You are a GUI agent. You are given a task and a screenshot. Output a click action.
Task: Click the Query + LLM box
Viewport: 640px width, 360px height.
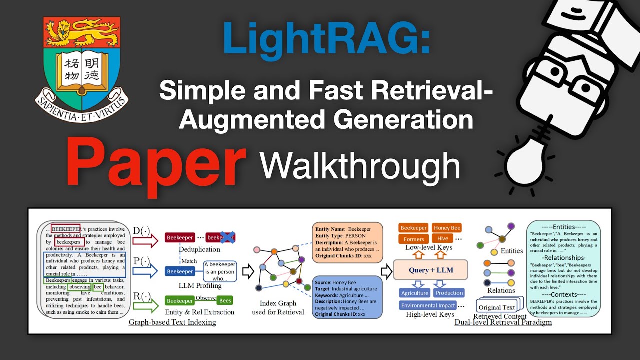[x=430, y=270]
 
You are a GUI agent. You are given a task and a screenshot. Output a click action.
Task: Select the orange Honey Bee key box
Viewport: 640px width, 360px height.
[x=447, y=228]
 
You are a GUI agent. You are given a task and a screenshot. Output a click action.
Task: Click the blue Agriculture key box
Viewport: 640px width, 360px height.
[x=415, y=293]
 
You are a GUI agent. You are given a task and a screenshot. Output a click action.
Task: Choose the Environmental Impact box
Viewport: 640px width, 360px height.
[x=428, y=305]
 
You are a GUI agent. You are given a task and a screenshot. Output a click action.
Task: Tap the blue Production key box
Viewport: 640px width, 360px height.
[x=449, y=293]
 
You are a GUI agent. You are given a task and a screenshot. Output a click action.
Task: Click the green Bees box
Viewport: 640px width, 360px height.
[x=225, y=301]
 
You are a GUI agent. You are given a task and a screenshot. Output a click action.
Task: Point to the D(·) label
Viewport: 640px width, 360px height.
[x=142, y=230]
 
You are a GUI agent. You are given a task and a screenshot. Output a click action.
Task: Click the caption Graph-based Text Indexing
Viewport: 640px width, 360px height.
[x=172, y=322]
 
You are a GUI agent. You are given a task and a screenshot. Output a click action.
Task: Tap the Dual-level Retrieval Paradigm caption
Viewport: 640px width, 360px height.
[x=503, y=322]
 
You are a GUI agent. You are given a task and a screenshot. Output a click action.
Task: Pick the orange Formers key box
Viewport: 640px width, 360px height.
[x=414, y=239]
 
